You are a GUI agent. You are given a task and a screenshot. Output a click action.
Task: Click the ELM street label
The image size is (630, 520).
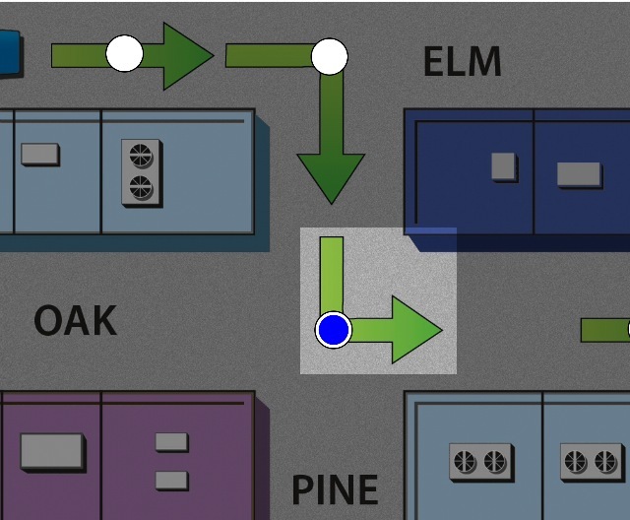click(462, 62)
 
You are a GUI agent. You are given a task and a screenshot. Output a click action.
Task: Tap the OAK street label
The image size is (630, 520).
click(75, 321)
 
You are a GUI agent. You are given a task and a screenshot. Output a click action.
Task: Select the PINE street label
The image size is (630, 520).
click(335, 489)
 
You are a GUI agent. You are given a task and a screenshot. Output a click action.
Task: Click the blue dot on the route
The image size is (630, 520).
click(334, 330)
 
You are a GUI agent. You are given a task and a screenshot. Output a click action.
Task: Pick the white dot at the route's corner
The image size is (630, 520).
click(330, 56)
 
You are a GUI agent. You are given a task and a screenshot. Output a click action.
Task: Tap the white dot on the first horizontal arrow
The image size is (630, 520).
click(125, 53)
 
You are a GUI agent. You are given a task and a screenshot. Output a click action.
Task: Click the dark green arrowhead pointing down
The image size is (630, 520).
click(331, 177)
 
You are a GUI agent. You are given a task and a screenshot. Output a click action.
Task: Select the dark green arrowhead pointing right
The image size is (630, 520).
click(187, 55)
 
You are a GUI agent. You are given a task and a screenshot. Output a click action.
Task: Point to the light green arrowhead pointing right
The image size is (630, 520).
click(416, 330)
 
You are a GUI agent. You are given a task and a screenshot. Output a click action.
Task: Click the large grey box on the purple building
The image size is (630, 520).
click(52, 451)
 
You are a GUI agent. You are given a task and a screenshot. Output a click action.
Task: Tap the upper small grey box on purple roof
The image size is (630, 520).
click(171, 441)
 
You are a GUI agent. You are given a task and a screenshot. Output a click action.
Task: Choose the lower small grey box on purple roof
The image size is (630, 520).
click(171, 480)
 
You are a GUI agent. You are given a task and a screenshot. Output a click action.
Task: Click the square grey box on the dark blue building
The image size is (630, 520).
click(504, 166)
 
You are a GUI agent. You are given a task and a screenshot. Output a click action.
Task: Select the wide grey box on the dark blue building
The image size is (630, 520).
click(579, 174)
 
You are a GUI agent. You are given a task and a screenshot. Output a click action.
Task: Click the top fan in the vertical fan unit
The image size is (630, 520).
click(141, 156)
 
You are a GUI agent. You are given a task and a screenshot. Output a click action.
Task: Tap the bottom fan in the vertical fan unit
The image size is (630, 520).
click(141, 186)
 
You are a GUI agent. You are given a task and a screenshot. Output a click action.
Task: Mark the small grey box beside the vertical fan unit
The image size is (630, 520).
click(39, 154)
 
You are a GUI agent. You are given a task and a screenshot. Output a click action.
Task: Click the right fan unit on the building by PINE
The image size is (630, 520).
click(592, 460)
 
